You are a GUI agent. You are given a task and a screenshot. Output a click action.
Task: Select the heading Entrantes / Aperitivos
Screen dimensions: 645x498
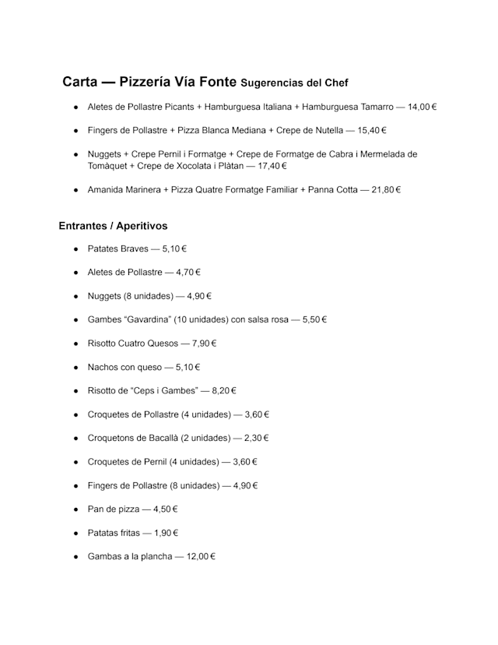[x=113, y=226]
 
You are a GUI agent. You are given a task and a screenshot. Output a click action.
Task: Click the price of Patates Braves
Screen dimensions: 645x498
[x=174, y=249]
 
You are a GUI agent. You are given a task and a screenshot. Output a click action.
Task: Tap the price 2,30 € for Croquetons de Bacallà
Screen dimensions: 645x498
[x=256, y=438]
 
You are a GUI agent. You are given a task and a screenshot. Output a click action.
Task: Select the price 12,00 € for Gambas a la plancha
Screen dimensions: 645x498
[x=201, y=557]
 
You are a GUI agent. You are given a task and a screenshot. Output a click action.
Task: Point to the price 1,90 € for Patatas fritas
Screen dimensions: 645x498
[x=166, y=533]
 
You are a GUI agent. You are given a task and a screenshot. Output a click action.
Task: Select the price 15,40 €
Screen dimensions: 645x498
[x=372, y=130]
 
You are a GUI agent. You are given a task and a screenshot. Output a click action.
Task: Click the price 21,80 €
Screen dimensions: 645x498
[x=386, y=189]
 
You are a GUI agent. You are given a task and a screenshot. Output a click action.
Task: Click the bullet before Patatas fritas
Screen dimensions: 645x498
[x=76, y=534]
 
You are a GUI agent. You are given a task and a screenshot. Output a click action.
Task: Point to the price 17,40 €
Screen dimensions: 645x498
[x=272, y=166]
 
